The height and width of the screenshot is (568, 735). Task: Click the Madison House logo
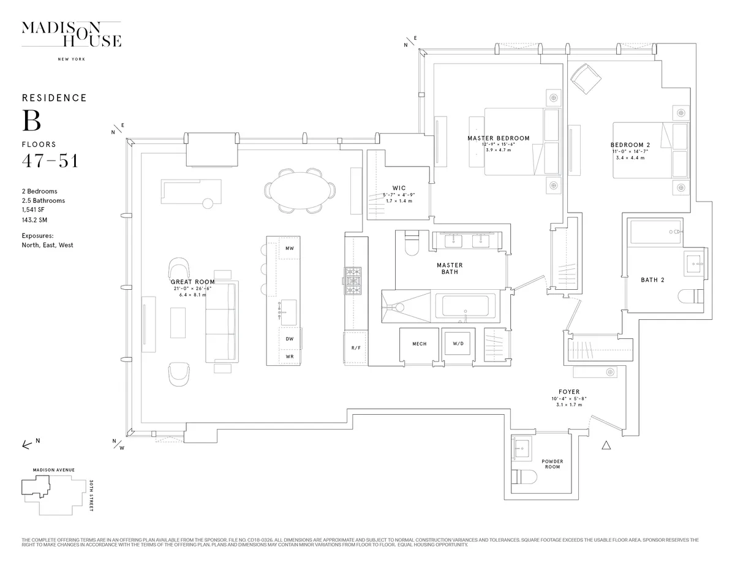72,34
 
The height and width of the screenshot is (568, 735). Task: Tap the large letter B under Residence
32,121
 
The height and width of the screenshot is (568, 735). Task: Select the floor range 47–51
50,161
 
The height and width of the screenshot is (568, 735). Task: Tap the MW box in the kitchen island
290,248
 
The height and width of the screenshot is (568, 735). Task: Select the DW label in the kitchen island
290,338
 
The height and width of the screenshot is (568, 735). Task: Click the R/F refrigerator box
356,347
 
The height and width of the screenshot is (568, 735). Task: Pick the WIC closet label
399,188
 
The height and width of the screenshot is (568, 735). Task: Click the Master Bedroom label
498,138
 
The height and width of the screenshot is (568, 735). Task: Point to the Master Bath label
450,268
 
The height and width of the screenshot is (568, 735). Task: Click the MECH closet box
419,344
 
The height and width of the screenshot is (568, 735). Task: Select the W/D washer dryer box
458,344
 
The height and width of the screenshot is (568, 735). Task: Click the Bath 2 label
652,280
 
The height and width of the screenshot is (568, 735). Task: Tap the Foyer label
568,392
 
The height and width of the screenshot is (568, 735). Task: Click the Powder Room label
552,464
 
